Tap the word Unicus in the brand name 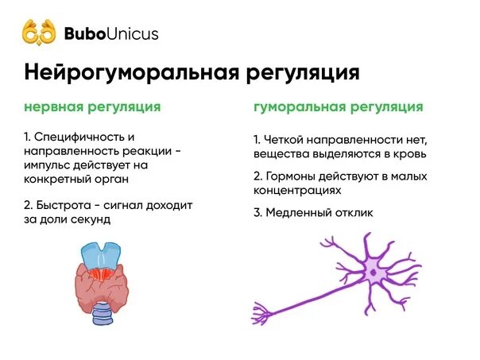[134, 33]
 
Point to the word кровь [410, 153]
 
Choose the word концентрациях [298, 191]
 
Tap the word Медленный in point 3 [298, 213]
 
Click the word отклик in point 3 [352, 213]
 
